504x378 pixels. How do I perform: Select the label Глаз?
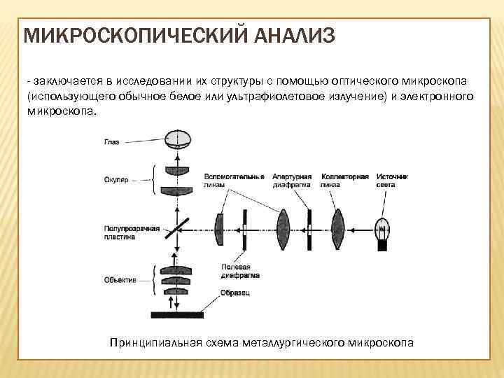click(112, 142)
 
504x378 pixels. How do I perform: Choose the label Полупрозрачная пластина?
click(132, 233)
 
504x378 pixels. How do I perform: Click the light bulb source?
click(383, 231)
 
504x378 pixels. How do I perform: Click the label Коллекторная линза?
click(344, 180)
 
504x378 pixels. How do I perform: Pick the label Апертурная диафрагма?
click(292, 180)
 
